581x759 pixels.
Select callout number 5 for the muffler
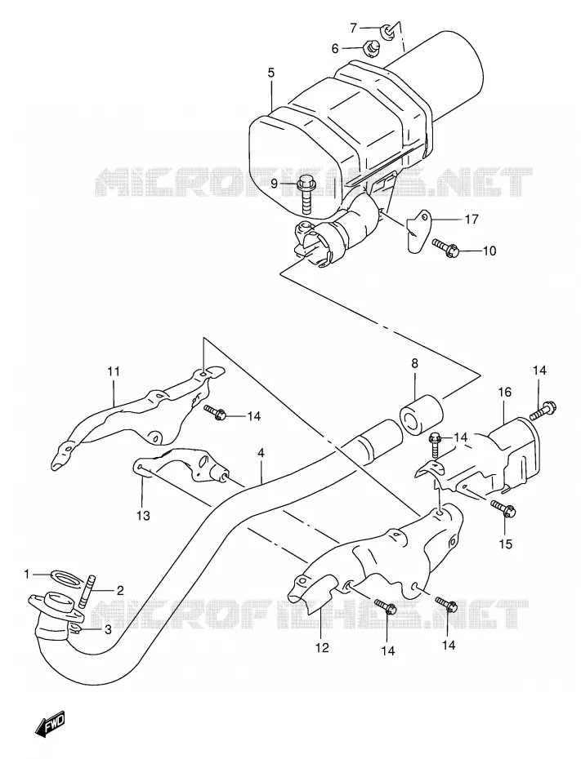pyautogui.click(x=270, y=73)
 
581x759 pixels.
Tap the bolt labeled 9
pyautogui.click(x=306, y=195)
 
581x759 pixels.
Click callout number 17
pyautogui.click(x=472, y=220)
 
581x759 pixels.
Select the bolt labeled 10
pyautogui.click(x=445, y=247)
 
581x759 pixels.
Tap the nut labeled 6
pyautogui.click(x=372, y=48)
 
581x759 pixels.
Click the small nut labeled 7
pyautogui.click(x=387, y=32)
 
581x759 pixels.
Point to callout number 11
pyautogui.click(x=114, y=372)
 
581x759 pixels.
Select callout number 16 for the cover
pyautogui.click(x=504, y=392)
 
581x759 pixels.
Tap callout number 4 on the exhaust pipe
pyautogui.click(x=261, y=453)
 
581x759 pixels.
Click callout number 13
pyautogui.click(x=143, y=516)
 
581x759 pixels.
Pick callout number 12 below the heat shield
pyautogui.click(x=322, y=647)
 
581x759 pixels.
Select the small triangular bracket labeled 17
pyautogui.click(x=418, y=230)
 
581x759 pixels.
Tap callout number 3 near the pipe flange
pyautogui.click(x=108, y=629)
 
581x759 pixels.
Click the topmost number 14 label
pyautogui.click(x=539, y=371)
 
